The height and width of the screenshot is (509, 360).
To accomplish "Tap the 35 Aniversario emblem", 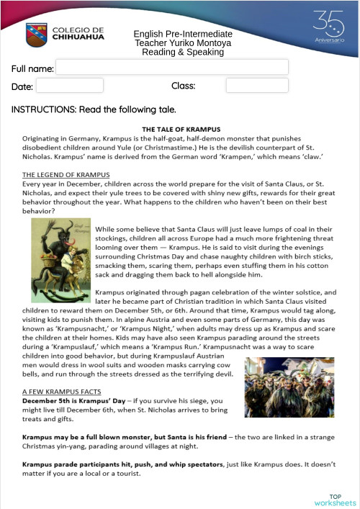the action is click(x=328, y=27).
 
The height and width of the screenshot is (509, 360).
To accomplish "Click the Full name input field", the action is click(x=172, y=68).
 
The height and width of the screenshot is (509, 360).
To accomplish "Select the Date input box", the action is click(x=70, y=86).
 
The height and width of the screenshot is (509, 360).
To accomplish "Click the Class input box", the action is click(x=257, y=86).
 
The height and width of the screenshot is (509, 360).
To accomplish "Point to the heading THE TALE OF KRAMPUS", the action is click(x=181, y=130).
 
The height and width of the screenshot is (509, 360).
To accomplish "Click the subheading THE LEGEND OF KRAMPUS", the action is click(x=66, y=175).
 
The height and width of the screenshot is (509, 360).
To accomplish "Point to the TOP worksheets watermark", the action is click(x=335, y=500).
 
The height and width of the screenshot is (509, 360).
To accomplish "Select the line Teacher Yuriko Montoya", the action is click(x=183, y=43).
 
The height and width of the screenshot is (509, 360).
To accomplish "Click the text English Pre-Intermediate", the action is click(x=183, y=34).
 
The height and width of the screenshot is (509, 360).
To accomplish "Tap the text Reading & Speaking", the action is click(x=183, y=52).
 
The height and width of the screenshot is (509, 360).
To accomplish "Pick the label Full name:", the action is click(x=32, y=68).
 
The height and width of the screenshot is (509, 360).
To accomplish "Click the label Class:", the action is click(x=184, y=86).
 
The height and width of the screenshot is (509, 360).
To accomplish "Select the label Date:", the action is click(x=22, y=86).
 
